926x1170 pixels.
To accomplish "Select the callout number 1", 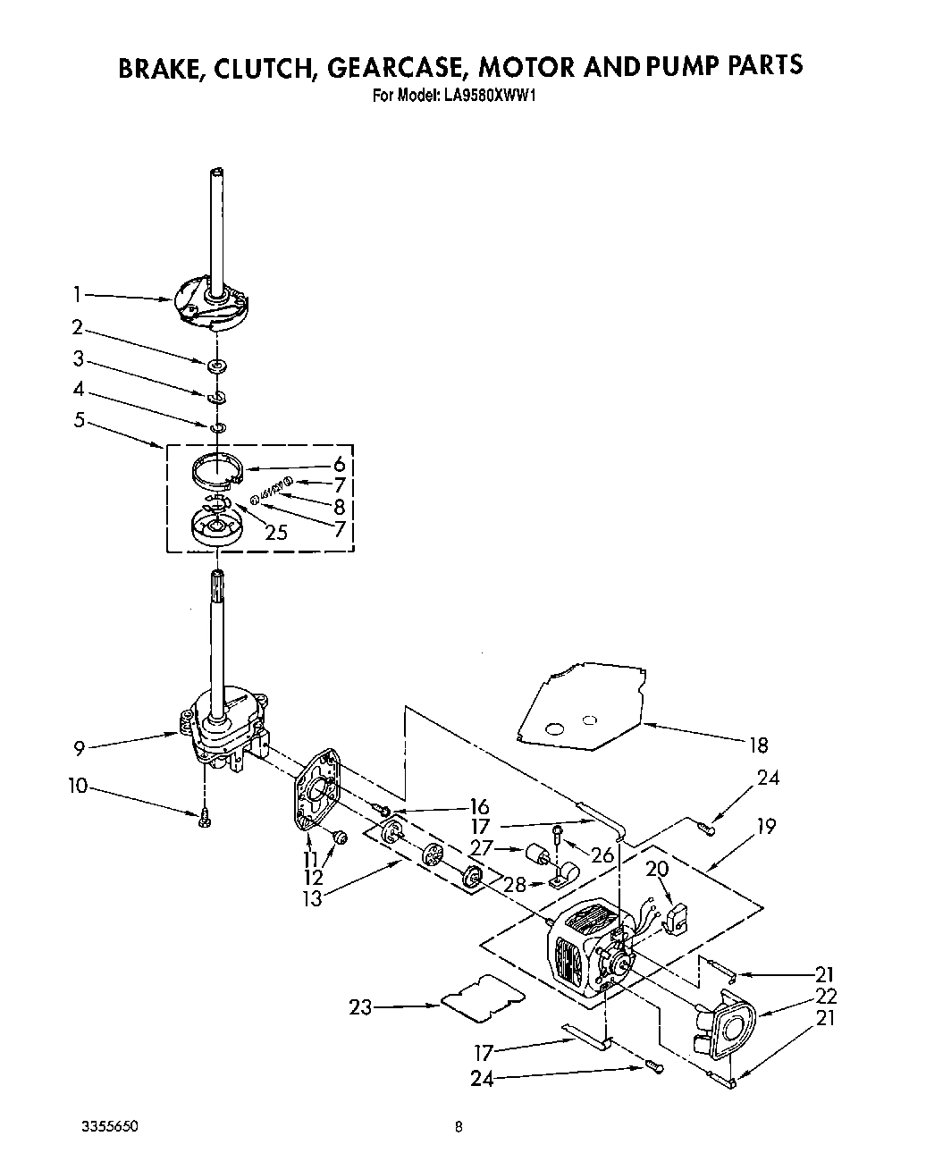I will [x=78, y=292].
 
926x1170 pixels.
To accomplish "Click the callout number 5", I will [x=79, y=418].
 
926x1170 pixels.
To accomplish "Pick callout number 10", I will [x=78, y=786].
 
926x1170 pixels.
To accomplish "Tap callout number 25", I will [x=276, y=533].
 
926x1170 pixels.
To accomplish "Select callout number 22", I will [x=827, y=996].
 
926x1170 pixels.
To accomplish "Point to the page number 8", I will [x=458, y=1127].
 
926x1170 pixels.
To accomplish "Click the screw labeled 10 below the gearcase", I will [x=204, y=816].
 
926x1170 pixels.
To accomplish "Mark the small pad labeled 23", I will [x=480, y=997].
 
